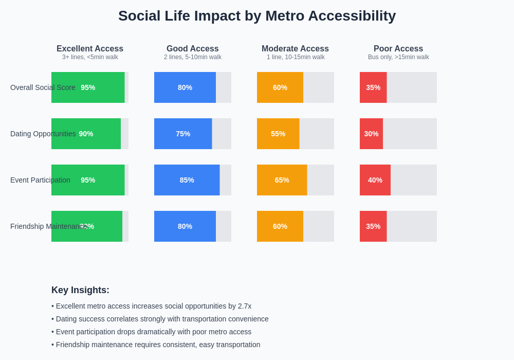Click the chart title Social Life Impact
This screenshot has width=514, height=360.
click(257, 16)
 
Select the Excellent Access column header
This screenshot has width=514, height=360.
click(90, 49)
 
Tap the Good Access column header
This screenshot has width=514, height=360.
click(193, 49)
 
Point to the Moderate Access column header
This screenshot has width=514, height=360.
click(295, 49)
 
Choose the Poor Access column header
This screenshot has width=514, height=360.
click(398, 49)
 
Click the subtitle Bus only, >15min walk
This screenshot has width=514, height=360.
click(398, 57)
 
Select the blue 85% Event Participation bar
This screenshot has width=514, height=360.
click(187, 180)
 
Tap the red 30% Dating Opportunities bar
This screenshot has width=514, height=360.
click(371, 134)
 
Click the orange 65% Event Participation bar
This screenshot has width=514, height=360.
click(282, 180)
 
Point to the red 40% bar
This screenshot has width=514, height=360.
click(375, 180)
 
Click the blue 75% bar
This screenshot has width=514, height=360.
click(183, 134)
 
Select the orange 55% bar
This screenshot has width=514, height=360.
click(278, 134)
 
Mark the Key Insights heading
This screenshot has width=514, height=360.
click(80, 290)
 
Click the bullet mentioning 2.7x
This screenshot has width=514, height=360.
click(152, 306)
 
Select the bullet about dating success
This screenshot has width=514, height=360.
click(160, 319)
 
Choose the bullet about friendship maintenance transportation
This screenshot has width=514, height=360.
click(156, 345)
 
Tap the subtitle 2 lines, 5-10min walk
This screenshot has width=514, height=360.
click(193, 57)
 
